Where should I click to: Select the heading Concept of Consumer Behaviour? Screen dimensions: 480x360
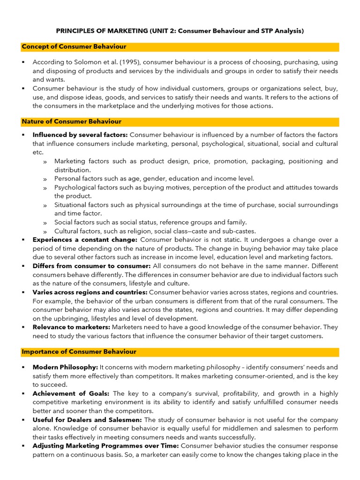tap(74, 47)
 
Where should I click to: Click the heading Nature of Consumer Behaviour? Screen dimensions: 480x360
tap(72, 121)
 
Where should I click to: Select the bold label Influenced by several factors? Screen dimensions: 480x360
tap(80, 135)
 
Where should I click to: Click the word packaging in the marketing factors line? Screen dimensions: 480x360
tap(267, 161)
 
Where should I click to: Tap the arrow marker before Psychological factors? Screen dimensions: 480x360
tap(45, 188)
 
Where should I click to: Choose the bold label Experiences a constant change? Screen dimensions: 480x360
tap(85, 240)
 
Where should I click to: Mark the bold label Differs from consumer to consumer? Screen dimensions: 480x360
tap(91, 266)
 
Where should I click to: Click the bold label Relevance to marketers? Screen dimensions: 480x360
tap(71, 327)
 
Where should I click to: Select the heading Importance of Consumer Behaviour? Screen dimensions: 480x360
tap(79, 352)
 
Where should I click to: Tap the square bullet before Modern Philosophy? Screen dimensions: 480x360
tap(23, 367)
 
